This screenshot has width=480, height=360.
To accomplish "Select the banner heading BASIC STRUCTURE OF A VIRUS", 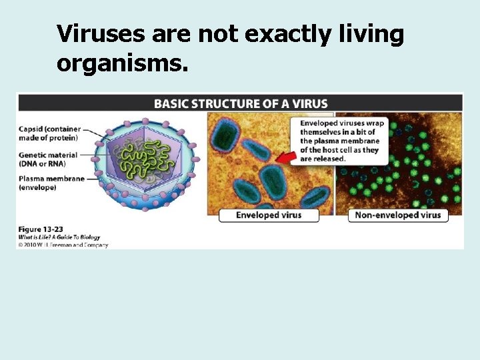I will click(241, 103).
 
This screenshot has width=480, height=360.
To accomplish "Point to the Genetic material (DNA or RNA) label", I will click(48, 159).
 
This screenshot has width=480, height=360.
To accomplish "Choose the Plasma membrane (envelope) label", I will click(51, 183).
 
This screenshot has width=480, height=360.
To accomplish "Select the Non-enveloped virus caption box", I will click(398, 215).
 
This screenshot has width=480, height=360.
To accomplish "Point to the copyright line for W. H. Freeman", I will click(63, 244).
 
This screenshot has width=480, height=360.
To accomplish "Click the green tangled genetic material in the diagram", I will click(144, 161).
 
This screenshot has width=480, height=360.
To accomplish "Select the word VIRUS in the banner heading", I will click(312, 103).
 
